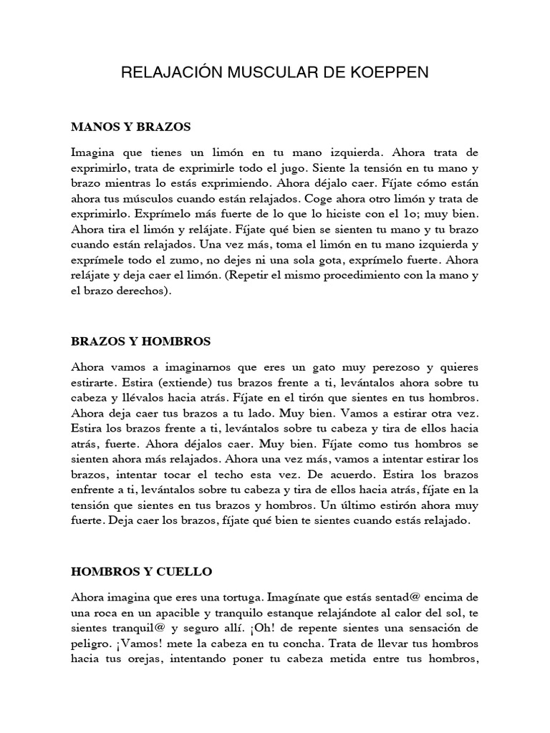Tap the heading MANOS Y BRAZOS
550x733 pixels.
point(131,127)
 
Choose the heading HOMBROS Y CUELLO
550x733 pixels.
point(141,572)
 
